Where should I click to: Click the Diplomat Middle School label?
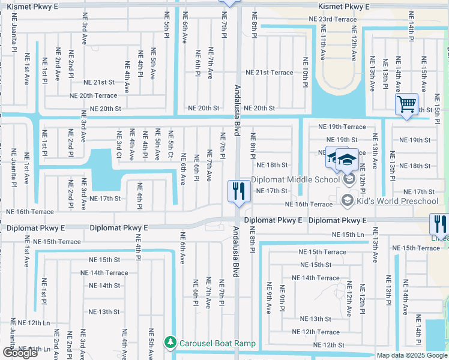coord(295,179)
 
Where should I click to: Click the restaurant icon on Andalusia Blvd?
coord(238,191)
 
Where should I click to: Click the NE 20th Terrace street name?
coord(93,95)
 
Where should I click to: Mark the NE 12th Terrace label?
coord(315,332)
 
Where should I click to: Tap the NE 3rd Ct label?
coord(119,146)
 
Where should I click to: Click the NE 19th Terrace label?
coord(342,127)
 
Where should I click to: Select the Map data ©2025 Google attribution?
coord(411,355)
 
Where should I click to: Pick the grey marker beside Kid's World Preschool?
coord(347,200)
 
